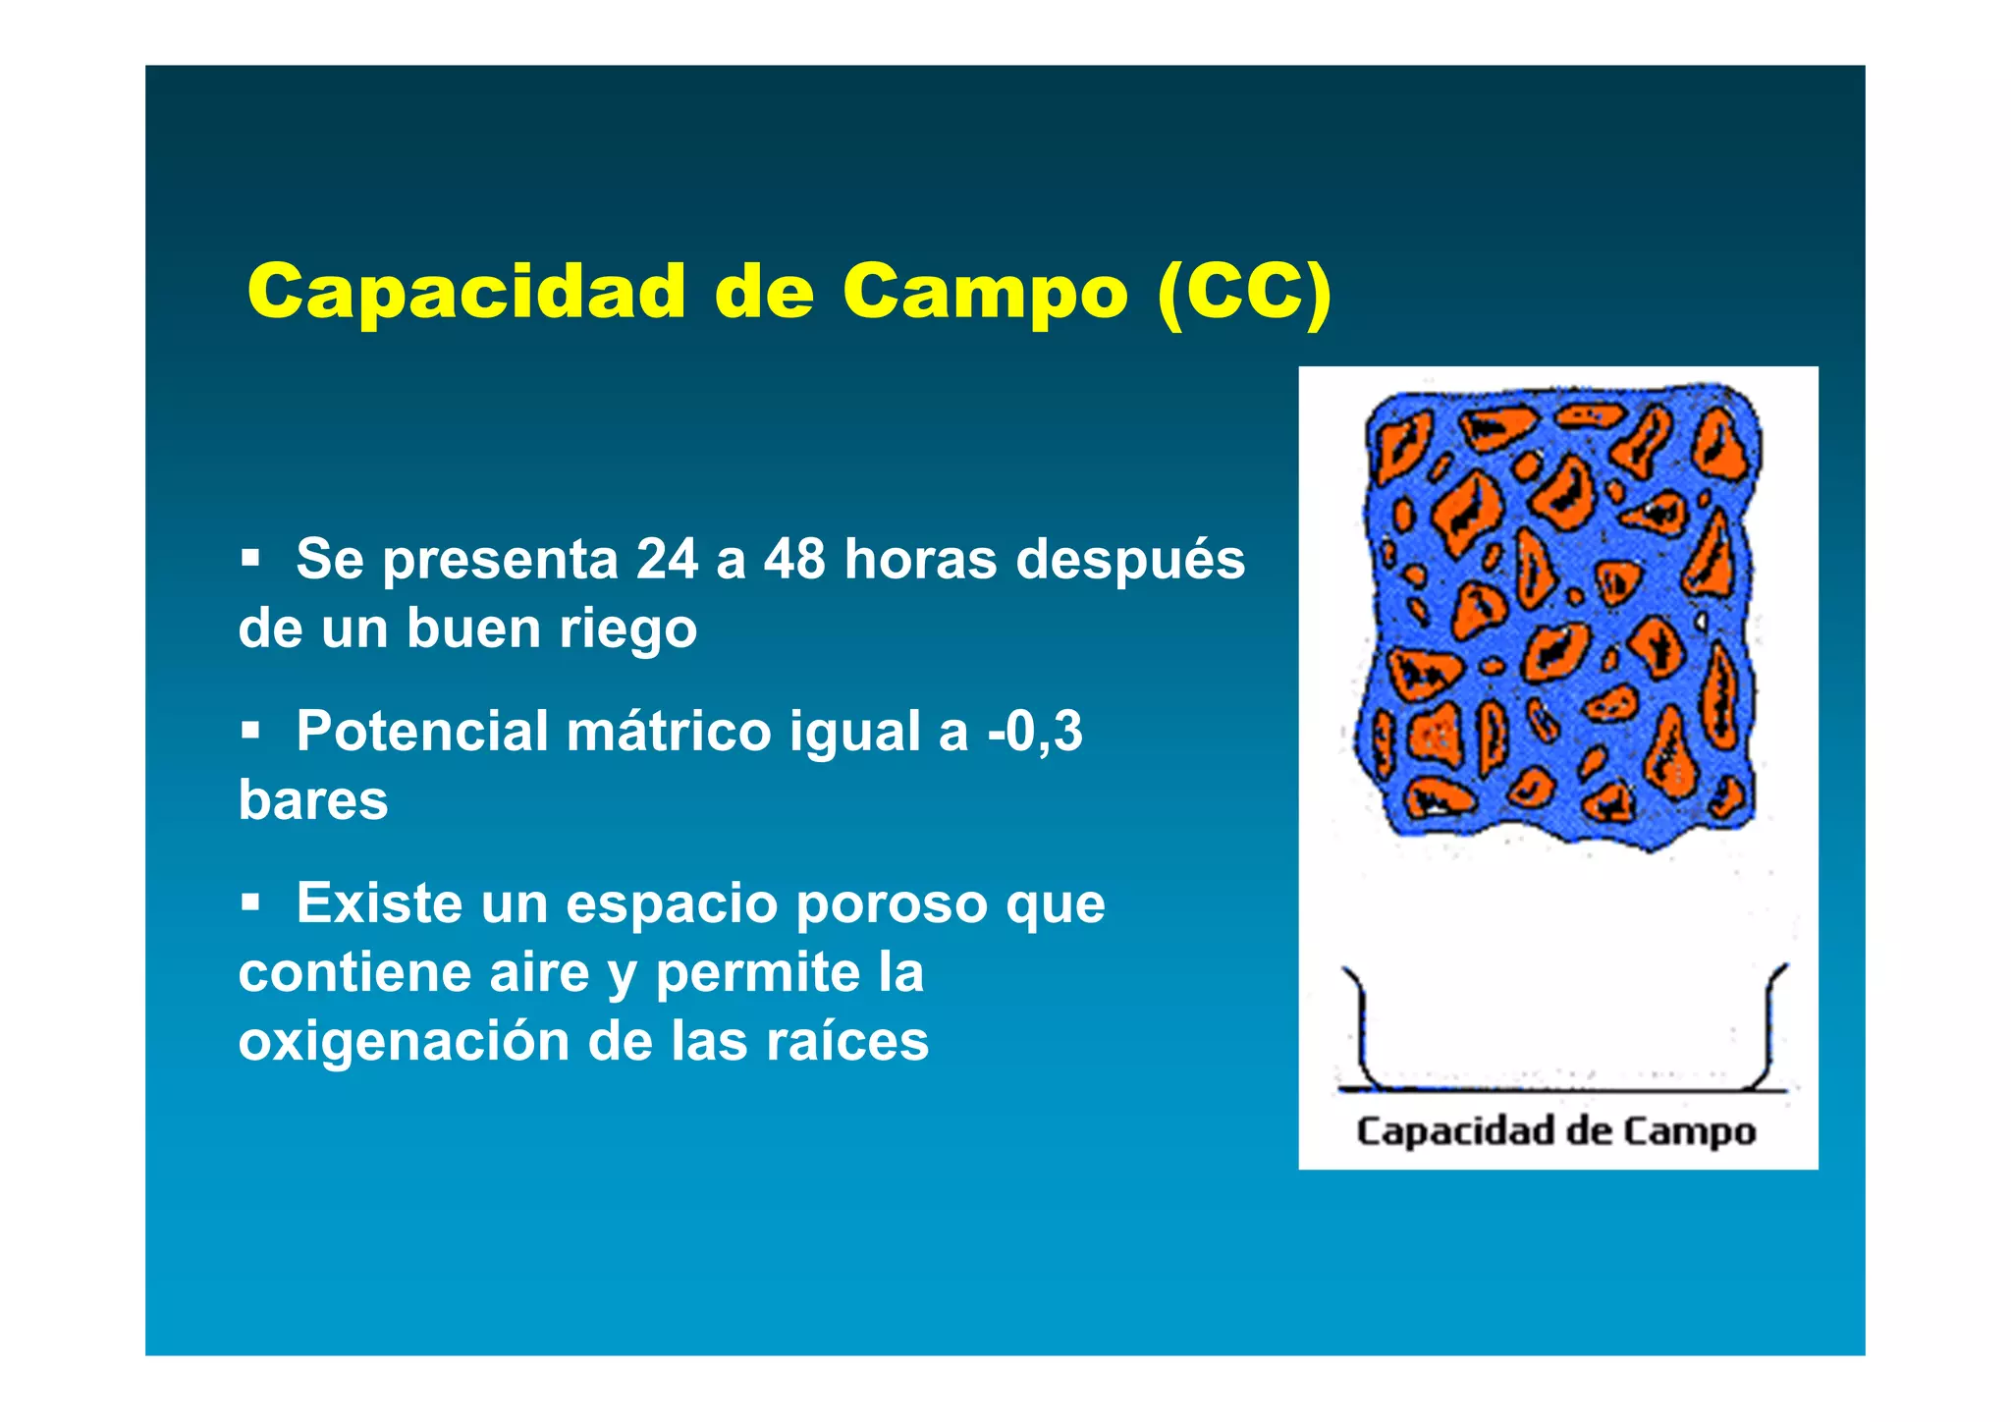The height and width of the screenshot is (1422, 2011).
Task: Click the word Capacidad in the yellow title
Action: pos(466,292)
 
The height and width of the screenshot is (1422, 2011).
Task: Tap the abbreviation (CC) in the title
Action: pos(1244,292)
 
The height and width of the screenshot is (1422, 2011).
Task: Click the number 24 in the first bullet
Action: pos(667,559)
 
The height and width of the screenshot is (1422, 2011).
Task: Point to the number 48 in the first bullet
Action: pos(795,559)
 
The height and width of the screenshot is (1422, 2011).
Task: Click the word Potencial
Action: pos(422,732)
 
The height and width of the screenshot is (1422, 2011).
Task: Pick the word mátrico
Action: pos(669,732)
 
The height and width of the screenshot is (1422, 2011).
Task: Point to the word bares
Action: pos(313,800)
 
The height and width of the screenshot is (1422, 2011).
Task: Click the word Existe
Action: pos(379,903)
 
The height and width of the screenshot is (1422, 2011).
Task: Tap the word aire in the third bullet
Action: pos(539,973)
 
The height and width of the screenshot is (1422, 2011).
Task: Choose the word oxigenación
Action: pos(404,1042)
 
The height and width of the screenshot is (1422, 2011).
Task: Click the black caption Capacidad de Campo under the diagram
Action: pos(1556,1131)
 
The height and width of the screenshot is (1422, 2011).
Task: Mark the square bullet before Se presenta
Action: pos(251,559)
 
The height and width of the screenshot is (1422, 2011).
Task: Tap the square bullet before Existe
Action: pos(251,902)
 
